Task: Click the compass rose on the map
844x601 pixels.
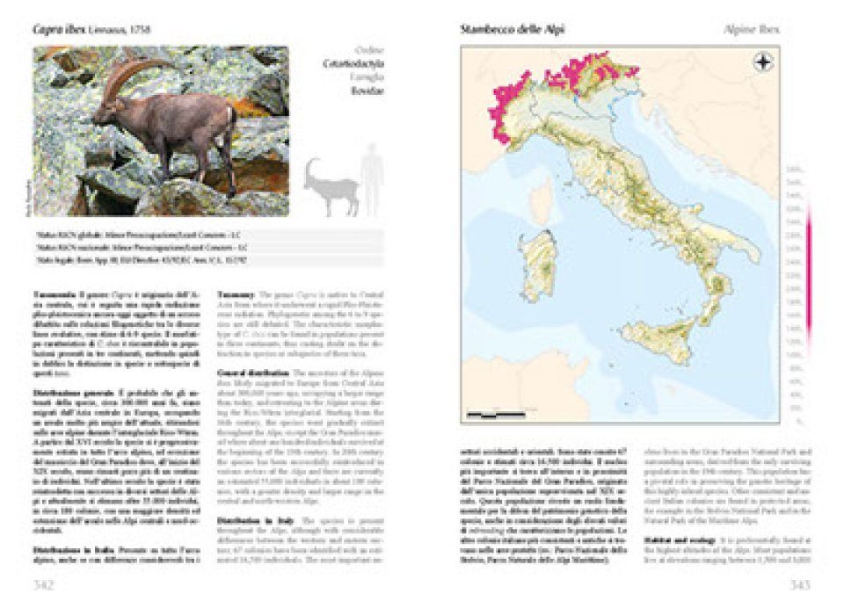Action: tap(761, 62)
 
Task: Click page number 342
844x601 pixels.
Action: tap(45, 584)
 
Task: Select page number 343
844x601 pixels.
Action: tap(796, 584)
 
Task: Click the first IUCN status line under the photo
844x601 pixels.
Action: tap(208, 237)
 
